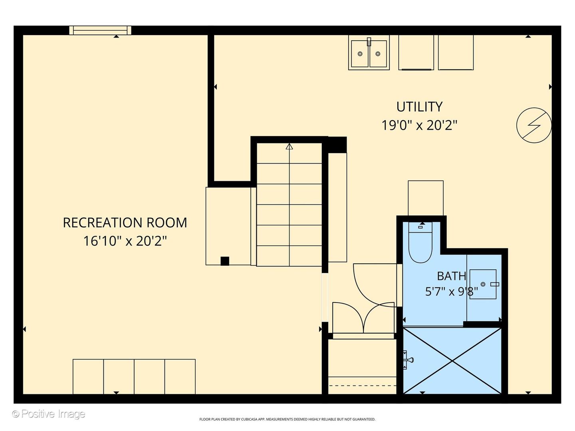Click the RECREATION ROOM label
pos(125,223)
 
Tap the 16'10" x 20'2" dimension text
pos(125,241)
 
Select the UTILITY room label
pos(419,107)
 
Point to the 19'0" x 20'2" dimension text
pos(419,125)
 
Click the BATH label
pos(451,276)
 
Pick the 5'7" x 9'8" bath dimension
pos(451,291)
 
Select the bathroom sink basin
pos(483,284)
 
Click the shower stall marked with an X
pos(452,361)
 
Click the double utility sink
pos(369,53)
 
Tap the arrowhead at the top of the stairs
pos(289,146)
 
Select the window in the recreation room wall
pos(100,30)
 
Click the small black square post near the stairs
pos(225,261)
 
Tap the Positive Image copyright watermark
pos(49,414)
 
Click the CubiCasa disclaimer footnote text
pos(287,419)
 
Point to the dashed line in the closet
pos(362,386)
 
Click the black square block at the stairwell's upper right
pos(337,145)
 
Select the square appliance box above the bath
pos(426,198)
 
